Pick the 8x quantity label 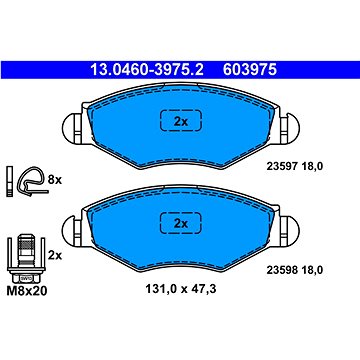pyautogui.click(x=55, y=179)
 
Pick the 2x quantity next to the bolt pyautogui.click(x=55, y=256)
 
